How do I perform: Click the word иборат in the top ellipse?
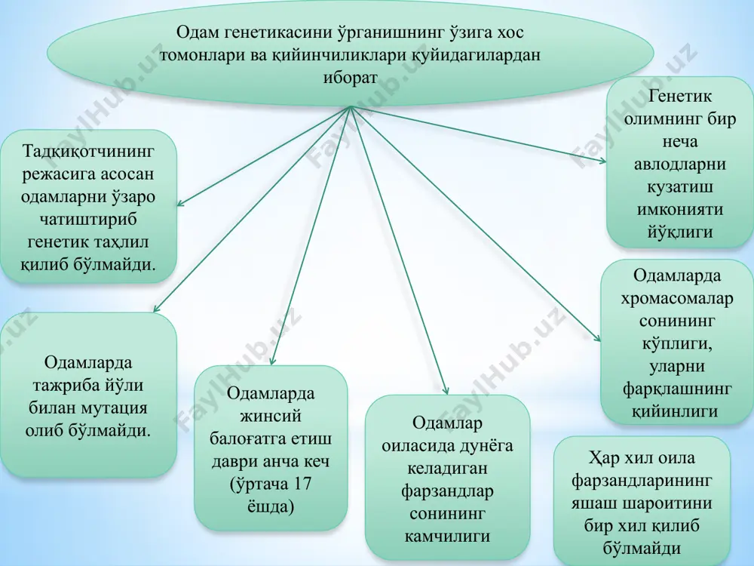coord(350,78)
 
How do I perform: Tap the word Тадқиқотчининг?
coord(88,151)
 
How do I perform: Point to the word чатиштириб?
coord(88,220)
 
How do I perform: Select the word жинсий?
coord(271,416)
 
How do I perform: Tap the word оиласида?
coord(413,446)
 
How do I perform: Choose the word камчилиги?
coord(447,536)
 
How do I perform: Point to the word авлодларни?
coord(680,164)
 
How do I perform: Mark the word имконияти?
coord(680,209)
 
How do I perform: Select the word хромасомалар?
coord(676,298)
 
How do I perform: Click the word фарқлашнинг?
coord(677,389)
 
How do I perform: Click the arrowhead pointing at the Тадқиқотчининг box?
coord(180,204)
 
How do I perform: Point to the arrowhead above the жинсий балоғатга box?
coord(271,362)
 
